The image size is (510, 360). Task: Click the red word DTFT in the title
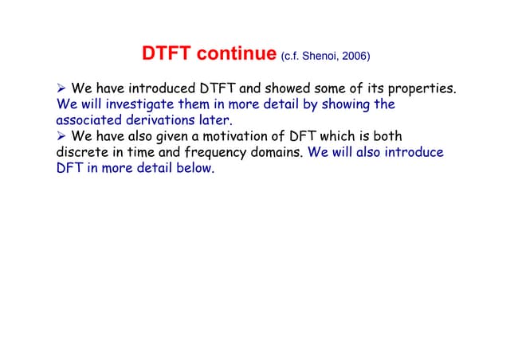tap(167, 55)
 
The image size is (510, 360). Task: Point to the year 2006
tap(355, 57)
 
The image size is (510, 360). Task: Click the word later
tap(214, 120)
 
